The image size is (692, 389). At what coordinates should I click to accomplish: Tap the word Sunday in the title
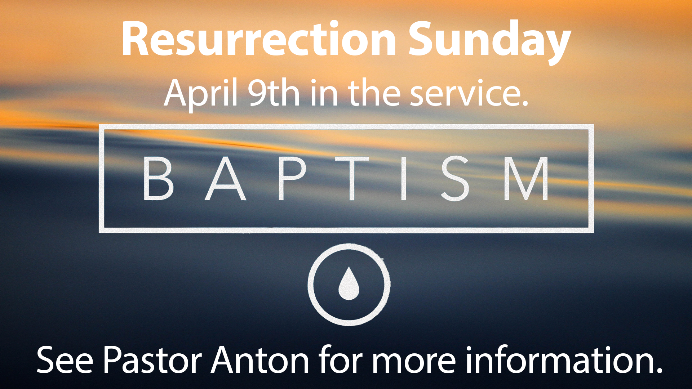(x=489, y=43)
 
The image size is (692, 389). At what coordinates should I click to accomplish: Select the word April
(x=201, y=93)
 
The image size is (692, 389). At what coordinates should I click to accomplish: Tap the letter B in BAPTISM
(x=158, y=178)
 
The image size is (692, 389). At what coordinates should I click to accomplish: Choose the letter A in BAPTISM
(x=225, y=178)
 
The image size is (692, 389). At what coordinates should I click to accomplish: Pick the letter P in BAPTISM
(x=292, y=178)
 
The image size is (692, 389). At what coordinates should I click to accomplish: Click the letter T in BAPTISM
(x=352, y=178)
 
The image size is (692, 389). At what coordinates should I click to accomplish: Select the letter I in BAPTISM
(x=404, y=178)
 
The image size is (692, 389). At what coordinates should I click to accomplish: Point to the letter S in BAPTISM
(x=455, y=178)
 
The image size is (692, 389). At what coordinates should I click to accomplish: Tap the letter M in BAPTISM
(x=526, y=178)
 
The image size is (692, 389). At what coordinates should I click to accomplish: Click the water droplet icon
(x=349, y=283)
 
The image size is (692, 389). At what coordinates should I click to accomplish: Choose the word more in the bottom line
(x=414, y=362)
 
